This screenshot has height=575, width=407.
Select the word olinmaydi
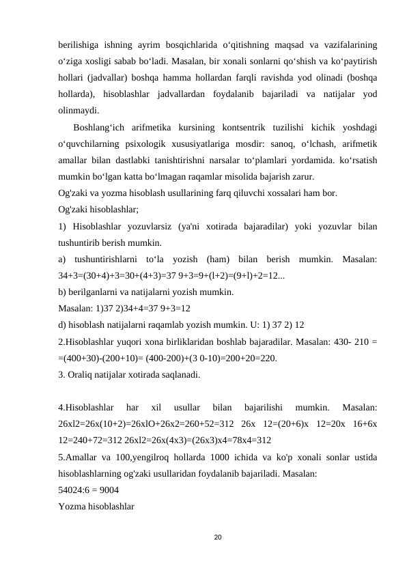(79, 109)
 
